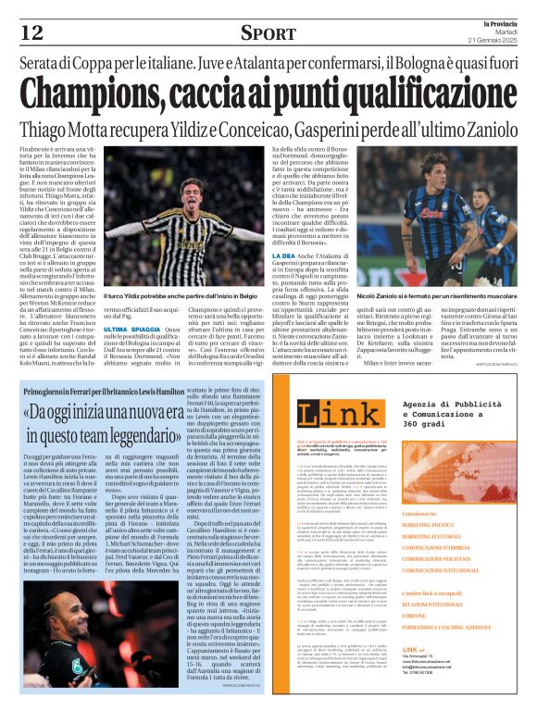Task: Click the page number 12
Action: [30, 33]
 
